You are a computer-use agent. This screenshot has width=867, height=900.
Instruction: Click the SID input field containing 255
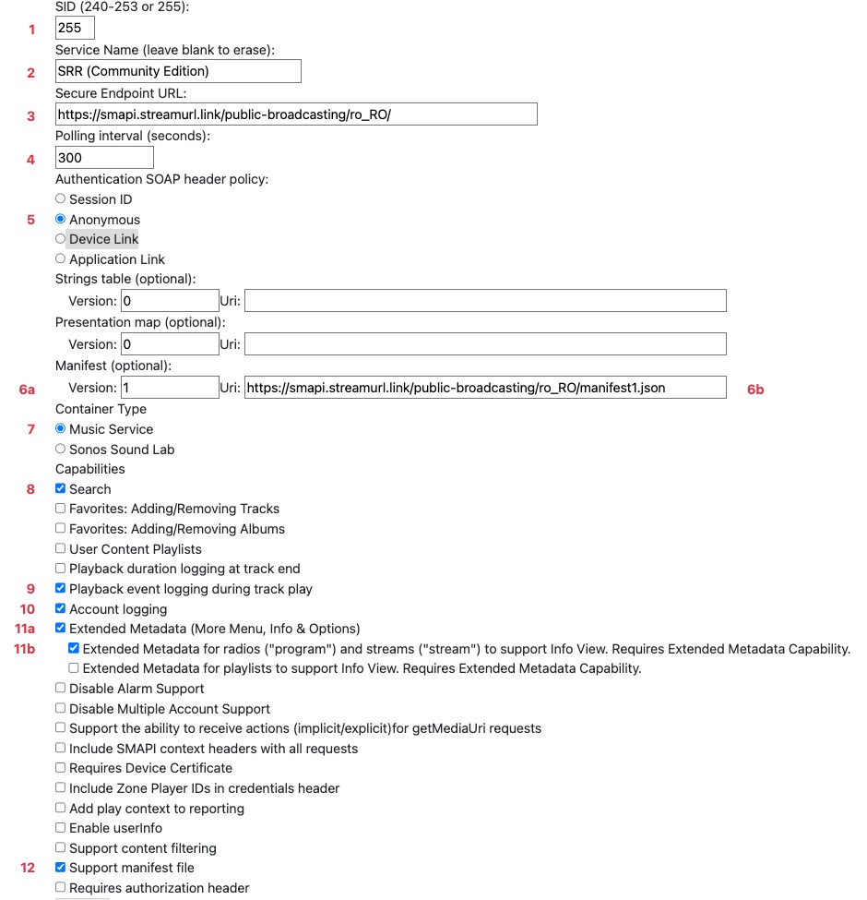(75, 29)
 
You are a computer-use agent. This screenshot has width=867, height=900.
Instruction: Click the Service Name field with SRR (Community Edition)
(178, 71)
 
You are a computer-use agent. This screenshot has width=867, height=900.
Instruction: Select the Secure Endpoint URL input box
(296, 114)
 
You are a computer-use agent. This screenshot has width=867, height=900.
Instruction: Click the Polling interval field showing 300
(104, 158)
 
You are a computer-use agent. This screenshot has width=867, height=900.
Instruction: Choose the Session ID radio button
(61, 199)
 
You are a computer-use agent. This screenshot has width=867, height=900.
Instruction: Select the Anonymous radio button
(61, 220)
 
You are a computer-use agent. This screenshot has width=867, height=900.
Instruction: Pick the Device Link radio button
(61, 239)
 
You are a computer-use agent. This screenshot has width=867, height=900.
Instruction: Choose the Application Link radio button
(61, 259)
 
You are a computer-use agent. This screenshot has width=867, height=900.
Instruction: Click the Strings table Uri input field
(485, 301)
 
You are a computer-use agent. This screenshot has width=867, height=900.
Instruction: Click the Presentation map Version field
(170, 344)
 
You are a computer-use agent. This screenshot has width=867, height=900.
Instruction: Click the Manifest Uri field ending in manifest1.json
(485, 388)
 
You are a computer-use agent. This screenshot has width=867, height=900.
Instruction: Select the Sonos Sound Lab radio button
(61, 450)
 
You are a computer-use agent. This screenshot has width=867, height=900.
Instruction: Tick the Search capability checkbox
(61, 489)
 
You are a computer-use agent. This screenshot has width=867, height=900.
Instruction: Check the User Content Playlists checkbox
(61, 549)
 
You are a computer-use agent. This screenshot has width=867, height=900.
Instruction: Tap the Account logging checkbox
(61, 609)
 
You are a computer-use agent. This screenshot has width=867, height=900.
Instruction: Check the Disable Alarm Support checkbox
(61, 689)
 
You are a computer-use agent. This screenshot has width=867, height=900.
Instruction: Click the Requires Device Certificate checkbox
(61, 768)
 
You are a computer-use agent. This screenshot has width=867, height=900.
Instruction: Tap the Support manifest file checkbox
(61, 868)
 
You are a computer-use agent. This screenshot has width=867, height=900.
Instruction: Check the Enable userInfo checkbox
(61, 828)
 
